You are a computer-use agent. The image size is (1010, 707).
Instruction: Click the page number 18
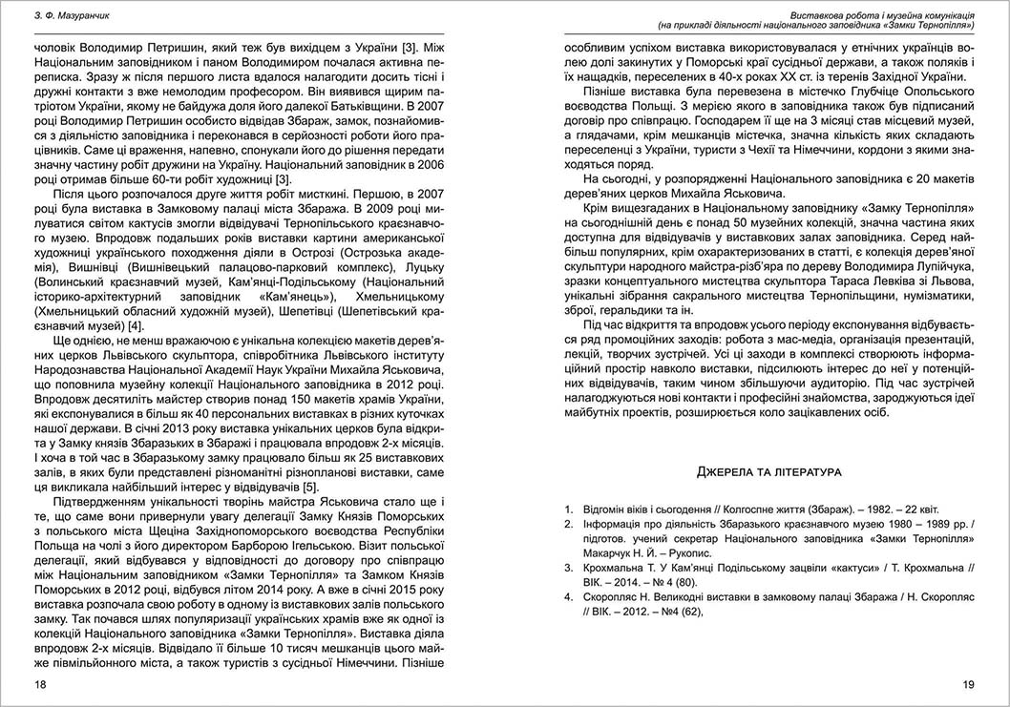(39, 684)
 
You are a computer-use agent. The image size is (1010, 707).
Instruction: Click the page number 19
(967, 684)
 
